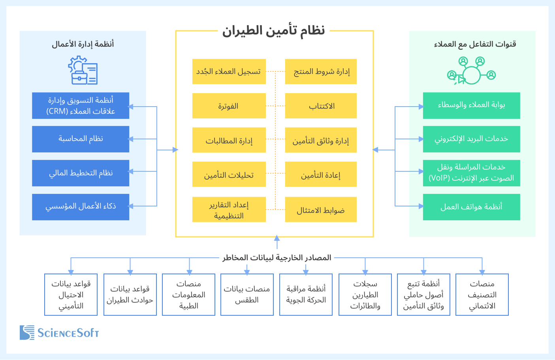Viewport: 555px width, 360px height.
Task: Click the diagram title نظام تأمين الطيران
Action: click(x=273, y=30)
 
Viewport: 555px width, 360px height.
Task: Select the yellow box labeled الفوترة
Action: click(x=229, y=106)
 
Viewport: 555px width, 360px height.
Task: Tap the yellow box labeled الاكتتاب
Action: click(x=321, y=106)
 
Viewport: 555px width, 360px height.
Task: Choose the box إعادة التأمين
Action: click(x=321, y=174)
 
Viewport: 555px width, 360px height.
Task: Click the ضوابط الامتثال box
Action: click(x=321, y=210)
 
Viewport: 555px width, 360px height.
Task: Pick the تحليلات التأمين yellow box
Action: click(x=229, y=174)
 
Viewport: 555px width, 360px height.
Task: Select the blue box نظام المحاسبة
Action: click(x=81, y=139)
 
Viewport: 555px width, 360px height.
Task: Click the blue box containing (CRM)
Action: click(x=81, y=106)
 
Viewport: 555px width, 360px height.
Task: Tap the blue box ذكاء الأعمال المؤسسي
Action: click(x=81, y=207)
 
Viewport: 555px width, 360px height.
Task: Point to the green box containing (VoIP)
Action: click(x=471, y=173)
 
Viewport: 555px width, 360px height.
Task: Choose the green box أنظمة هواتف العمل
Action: click(x=471, y=207)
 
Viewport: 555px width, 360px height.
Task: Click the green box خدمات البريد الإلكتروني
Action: click(x=471, y=139)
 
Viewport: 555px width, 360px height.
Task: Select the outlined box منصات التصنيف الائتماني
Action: click(x=482, y=295)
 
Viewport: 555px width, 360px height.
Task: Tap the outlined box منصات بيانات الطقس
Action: click(x=247, y=295)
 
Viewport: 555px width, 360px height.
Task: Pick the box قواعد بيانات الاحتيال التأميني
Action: click(x=71, y=295)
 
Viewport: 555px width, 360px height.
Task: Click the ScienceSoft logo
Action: click(x=59, y=333)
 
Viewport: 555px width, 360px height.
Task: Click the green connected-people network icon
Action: click(x=471, y=71)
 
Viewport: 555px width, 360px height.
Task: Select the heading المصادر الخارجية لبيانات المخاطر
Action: click(x=277, y=258)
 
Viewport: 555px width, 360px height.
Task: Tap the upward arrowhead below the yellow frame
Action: click(x=277, y=238)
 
